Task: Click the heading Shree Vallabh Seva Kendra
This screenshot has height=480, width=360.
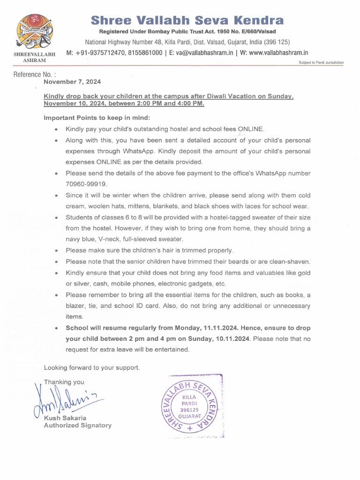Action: coord(187,20)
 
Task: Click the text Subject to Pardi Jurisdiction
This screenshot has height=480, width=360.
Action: coord(321,62)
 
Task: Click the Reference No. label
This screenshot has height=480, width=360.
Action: coord(35,74)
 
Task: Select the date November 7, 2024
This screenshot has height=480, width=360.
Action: coord(72,82)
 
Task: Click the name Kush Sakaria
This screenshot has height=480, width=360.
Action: coord(65,418)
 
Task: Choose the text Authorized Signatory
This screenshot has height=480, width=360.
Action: coord(78,425)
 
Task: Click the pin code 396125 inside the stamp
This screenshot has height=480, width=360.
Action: coord(190,409)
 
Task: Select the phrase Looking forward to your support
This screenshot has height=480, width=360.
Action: coord(91,367)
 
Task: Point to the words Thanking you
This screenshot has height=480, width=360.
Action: coord(64,382)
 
